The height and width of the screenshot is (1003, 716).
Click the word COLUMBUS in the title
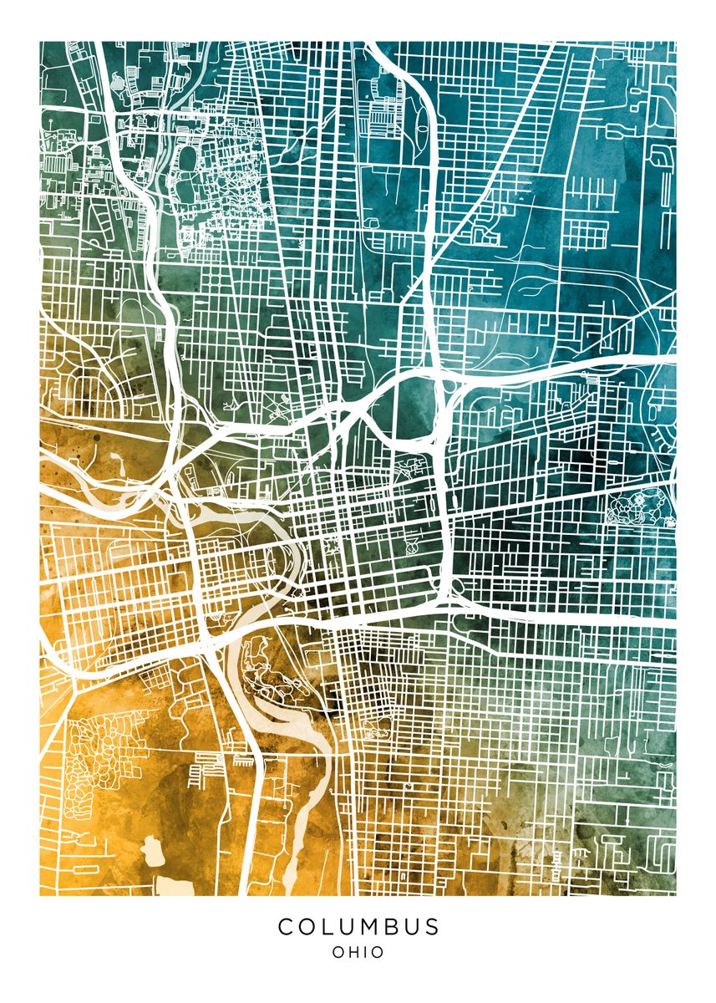point(358,926)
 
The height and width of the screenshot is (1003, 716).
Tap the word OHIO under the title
point(358,952)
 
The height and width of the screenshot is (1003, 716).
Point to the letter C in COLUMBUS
point(286,926)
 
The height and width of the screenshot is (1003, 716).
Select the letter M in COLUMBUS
point(359,926)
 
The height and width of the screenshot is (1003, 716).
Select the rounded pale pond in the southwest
point(153,851)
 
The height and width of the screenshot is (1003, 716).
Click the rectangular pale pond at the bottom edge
point(174,887)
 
